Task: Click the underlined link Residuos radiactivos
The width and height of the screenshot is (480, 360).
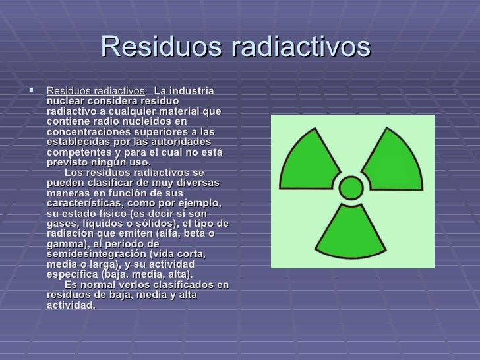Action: click(x=96, y=90)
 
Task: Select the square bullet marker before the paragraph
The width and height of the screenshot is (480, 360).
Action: click(x=31, y=90)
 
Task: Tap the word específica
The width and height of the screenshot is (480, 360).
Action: click(x=76, y=275)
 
